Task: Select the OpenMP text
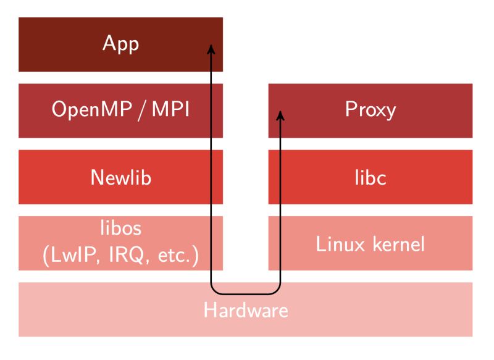[91, 109]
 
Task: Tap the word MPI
[171, 109]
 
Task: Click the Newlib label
[121, 177]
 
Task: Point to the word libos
[121, 227]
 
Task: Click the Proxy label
[371, 110]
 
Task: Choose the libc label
[371, 177]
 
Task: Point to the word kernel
[399, 244]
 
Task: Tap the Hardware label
[246, 310]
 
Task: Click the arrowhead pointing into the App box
[211, 49]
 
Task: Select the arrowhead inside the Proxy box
[280, 115]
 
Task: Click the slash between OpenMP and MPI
[142, 110]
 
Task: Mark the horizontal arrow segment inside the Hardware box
[245, 294]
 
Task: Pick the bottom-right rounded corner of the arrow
[277, 291]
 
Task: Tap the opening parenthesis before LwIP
[46, 256]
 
